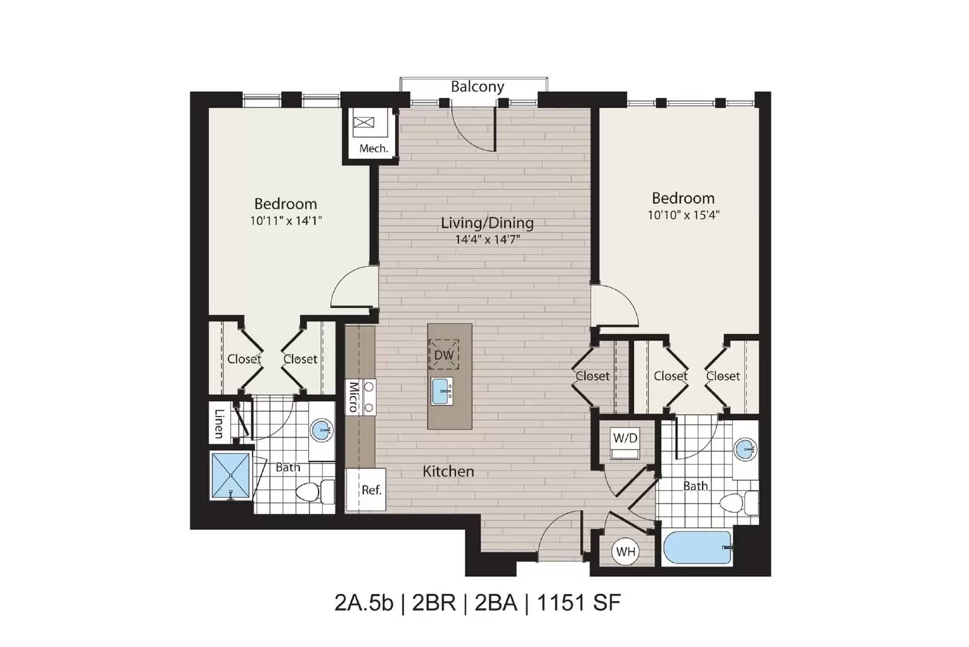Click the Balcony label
click(x=477, y=87)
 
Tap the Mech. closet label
click(x=374, y=149)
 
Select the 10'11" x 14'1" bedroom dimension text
click(x=286, y=221)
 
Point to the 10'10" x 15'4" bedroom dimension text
click(x=684, y=215)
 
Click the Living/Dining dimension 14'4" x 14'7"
click(x=488, y=239)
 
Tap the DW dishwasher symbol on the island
click(x=444, y=355)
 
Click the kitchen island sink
click(x=442, y=391)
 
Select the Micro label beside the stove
click(x=354, y=397)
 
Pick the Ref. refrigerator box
click(x=366, y=490)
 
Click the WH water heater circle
click(x=626, y=552)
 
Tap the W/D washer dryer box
click(x=625, y=443)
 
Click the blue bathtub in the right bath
click(x=697, y=548)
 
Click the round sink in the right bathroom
click(x=744, y=449)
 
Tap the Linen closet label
click(x=219, y=423)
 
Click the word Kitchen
click(x=448, y=471)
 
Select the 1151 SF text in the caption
click(x=579, y=602)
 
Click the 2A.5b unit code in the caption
click(x=364, y=602)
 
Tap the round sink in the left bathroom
click(x=322, y=430)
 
